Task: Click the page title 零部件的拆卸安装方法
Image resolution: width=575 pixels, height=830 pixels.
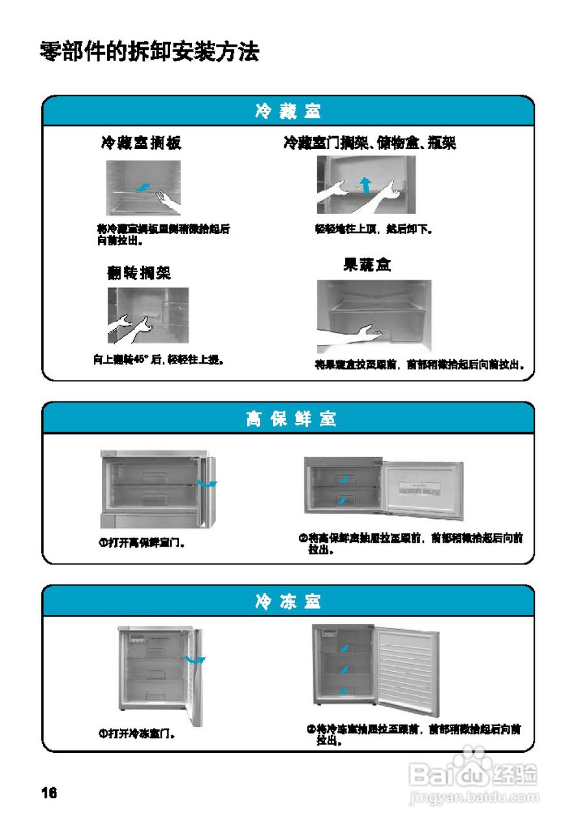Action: (150, 51)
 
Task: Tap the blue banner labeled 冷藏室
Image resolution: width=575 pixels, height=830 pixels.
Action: (287, 112)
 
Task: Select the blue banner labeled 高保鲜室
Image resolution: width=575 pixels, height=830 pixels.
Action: (287, 419)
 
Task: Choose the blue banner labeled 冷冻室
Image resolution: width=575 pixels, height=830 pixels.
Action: (287, 602)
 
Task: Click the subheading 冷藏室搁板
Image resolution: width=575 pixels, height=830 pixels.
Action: (141, 143)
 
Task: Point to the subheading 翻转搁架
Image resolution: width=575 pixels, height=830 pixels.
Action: (139, 273)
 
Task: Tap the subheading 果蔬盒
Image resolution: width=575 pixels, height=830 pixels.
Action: (367, 265)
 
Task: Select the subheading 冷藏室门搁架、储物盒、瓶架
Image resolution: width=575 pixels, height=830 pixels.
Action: (369, 143)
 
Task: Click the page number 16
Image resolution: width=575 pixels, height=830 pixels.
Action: (49, 793)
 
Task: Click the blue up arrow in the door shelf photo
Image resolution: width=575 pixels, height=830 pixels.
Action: (365, 184)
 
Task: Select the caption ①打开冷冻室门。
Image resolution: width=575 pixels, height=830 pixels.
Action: (137, 734)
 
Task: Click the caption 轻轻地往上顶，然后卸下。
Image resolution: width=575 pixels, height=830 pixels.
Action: (374, 229)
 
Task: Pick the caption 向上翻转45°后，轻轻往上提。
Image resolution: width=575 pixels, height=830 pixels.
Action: (159, 359)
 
